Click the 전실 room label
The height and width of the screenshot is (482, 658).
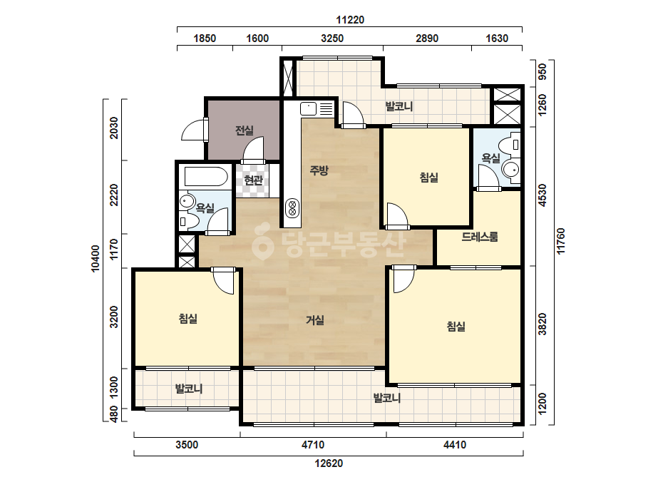pos(245,130)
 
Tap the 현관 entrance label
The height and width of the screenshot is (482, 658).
pos(254,180)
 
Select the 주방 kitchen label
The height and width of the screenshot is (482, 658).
pos(319,170)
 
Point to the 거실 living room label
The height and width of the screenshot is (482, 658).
pos(314,320)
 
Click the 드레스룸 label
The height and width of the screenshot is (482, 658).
pos(480,237)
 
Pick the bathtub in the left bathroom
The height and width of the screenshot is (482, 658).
pos(205,177)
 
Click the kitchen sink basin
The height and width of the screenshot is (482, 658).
pos(308,109)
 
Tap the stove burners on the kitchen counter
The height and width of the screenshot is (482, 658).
pos(292,207)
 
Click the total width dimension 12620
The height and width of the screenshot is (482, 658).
pos(329,463)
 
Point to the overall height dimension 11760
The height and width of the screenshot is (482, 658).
pos(561,241)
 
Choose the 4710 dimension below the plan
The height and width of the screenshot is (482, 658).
pos(313,445)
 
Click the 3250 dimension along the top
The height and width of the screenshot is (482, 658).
pos(332,39)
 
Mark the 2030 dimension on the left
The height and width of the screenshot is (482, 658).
pos(114,128)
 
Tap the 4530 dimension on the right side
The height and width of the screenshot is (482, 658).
pos(543,195)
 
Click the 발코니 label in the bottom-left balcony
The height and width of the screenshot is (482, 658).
pos(189,389)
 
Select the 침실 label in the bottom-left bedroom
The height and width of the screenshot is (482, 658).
pos(188,319)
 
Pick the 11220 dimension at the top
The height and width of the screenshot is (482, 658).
pos(350,20)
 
